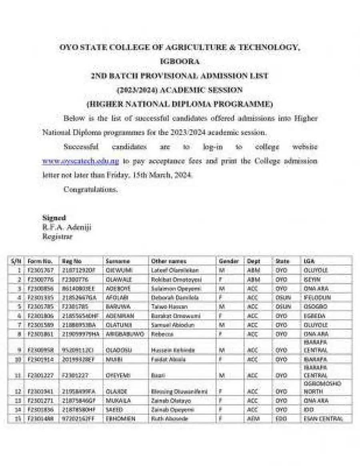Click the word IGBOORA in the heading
point(180,62)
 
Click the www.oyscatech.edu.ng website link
point(81,161)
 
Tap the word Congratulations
point(90,190)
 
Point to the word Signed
point(54,218)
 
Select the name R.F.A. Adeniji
point(67,227)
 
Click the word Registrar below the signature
point(58,236)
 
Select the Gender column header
point(229,261)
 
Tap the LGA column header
point(309,261)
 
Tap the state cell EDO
point(281,419)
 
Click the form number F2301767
point(40,270)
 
